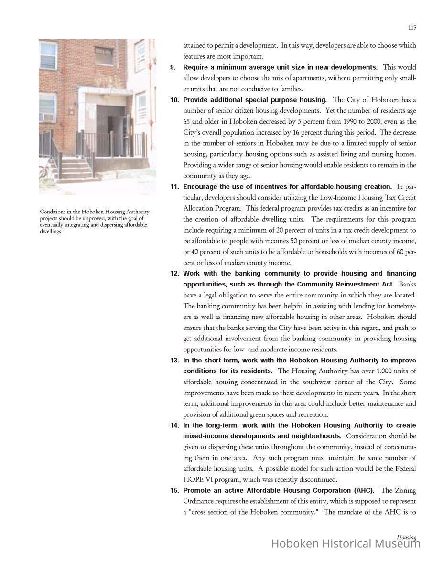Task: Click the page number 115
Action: pos(412,28)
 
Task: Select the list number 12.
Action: pos(174,274)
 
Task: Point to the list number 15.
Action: pos(174,490)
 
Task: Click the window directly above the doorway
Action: pos(104,56)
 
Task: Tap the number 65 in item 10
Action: pos(188,121)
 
